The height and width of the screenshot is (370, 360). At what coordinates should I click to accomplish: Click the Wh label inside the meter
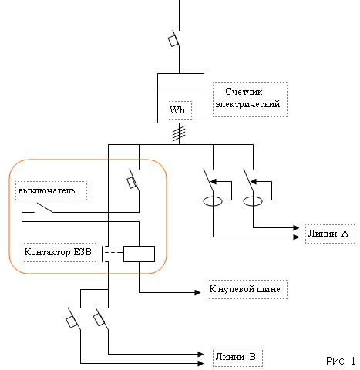(177, 110)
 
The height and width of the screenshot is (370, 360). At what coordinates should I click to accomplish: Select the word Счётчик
(244, 92)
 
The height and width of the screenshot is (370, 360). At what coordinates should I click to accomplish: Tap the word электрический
(247, 104)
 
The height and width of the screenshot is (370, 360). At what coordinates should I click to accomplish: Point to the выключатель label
(46, 190)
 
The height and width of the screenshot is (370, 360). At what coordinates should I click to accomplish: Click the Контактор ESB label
(58, 252)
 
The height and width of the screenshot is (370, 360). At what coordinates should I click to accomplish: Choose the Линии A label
(328, 234)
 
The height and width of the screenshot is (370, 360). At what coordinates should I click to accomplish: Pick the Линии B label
(236, 357)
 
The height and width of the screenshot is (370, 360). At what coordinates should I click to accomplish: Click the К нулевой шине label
(244, 289)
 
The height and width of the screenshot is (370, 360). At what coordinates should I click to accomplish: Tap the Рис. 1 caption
(341, 361)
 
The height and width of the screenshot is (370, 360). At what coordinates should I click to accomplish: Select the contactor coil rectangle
(139, 254)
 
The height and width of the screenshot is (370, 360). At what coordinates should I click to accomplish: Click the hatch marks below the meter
(179, 133)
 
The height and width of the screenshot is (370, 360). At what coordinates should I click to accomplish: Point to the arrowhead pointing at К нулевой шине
(197, 292)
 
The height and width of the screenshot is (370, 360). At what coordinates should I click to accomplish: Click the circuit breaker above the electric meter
(174, 39)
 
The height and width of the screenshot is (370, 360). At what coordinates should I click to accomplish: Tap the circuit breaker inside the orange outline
(134, 180)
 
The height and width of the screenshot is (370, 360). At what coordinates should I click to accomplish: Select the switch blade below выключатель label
(45, 207)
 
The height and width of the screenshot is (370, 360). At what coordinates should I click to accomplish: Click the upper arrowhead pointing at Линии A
(296, 227)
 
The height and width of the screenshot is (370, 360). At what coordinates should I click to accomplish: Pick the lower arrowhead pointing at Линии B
(200, 363)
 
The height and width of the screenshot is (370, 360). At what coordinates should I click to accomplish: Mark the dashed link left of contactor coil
(114, 253)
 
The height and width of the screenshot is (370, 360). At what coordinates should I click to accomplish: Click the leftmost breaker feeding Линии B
(73, 319)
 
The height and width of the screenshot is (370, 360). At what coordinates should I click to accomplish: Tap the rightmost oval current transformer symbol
(253, 201)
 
